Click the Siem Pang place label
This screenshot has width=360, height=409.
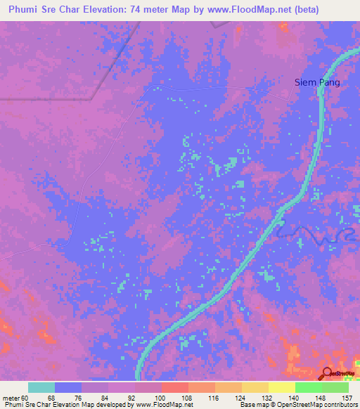(x=317, y=82)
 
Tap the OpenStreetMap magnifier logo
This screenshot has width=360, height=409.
(x=327, y=373)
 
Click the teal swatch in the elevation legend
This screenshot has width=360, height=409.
(x=41, y=387)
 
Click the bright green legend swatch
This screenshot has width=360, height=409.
(x=309, y=387)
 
